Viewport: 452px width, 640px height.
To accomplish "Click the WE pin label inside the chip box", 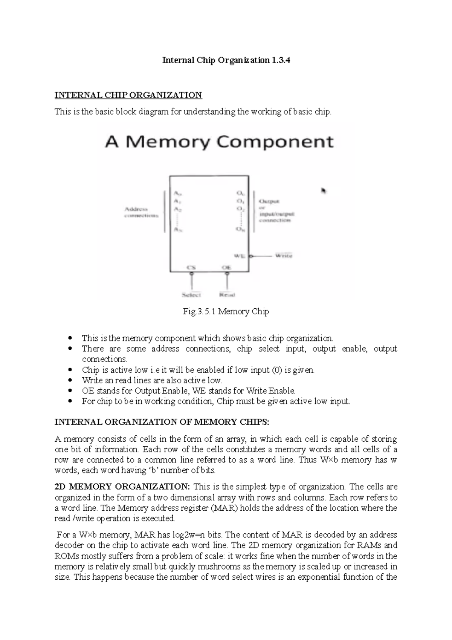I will [x=240, y=256].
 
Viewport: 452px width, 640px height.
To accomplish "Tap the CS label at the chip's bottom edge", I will [x=191, y=267].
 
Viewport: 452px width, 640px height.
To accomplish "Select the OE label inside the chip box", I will [x=226, y=267].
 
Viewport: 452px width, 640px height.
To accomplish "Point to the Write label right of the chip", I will [x=284, y=256].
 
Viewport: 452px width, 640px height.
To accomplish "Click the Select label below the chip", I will [x=191, y=295].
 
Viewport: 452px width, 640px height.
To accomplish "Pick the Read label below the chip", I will [x=227, y=295].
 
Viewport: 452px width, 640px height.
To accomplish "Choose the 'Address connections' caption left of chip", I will [x=142, y=212].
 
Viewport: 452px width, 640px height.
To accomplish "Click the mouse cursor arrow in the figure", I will [x=323, y=191].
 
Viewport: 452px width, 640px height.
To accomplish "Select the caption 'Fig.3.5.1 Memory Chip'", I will [x=226, y=312].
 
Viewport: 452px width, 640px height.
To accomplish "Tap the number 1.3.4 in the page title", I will [x=280, y=60].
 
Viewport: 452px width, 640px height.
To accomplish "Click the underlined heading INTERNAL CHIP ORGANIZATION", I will [x=128, y=95].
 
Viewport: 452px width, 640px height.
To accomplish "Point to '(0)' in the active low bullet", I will [x=276, y=370].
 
